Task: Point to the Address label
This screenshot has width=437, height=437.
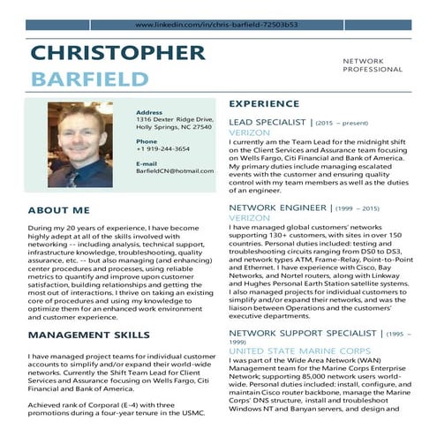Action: point(149,112)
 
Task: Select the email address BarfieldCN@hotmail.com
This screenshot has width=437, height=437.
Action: point(175,170)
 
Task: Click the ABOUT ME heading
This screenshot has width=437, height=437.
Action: point(58,210)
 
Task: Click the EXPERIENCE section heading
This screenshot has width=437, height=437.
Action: point(266,102)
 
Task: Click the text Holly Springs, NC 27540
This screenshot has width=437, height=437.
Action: point(174,127)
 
